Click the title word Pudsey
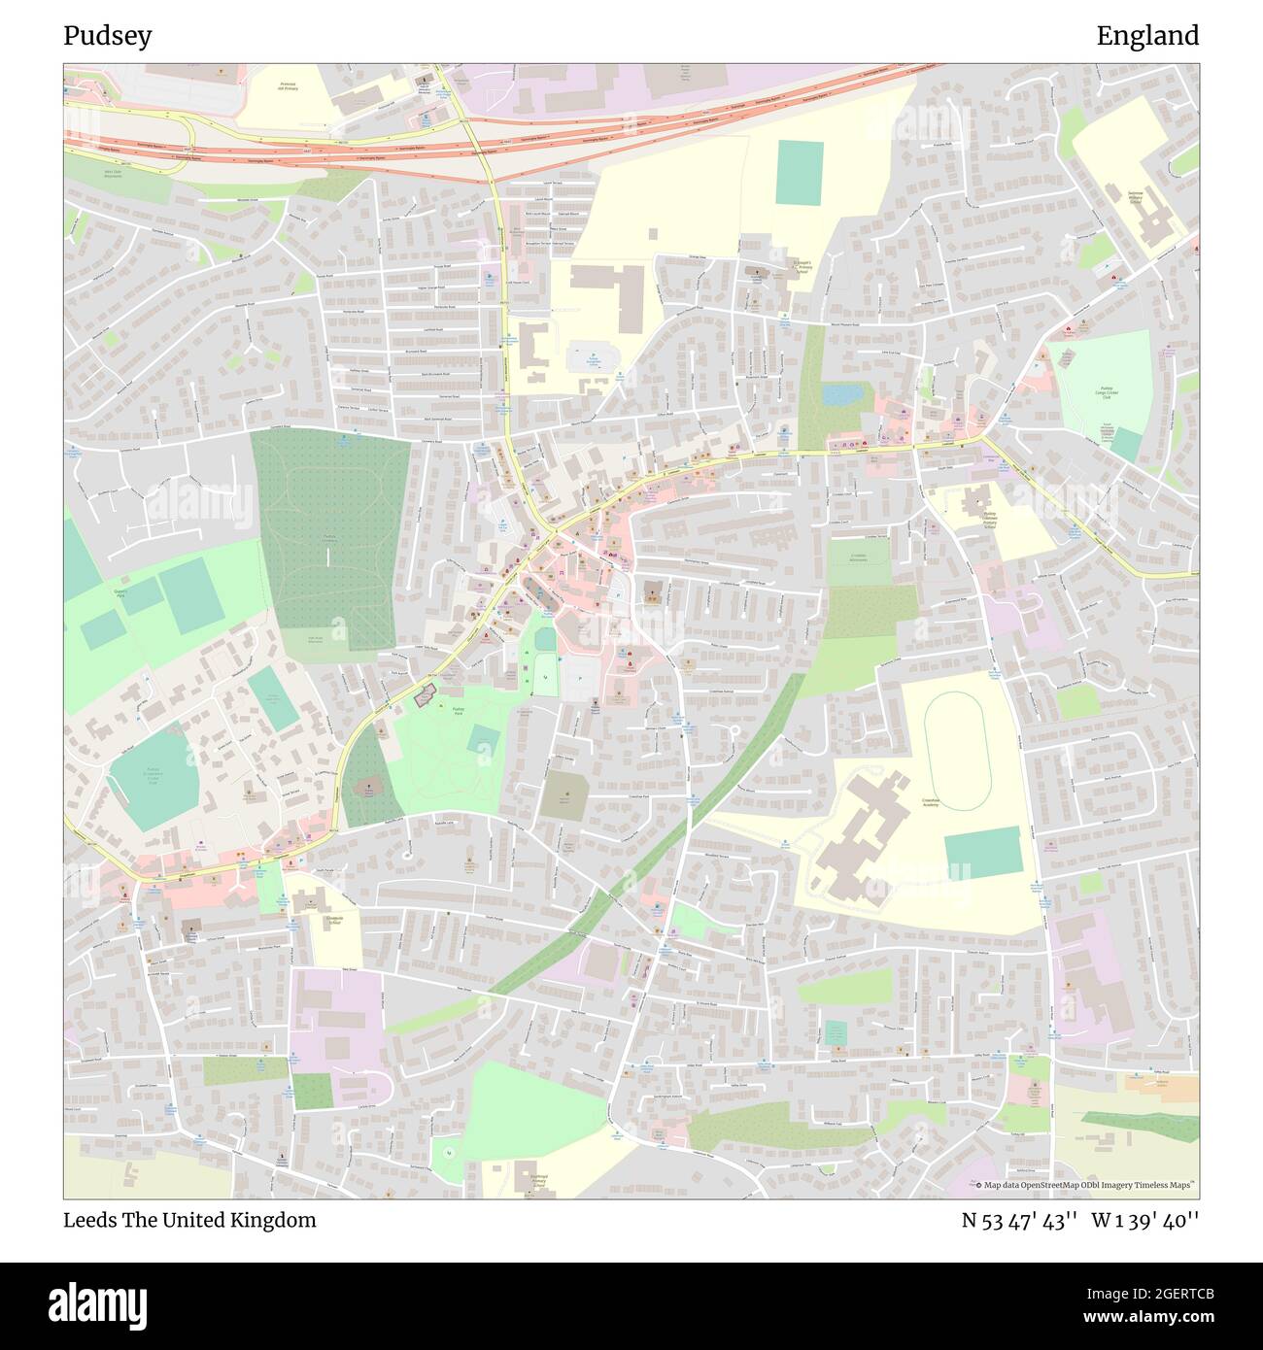click(107, 36)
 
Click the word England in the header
click(1147, 36)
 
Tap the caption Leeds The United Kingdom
click(189, 1220)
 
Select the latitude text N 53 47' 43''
click(1018, 1220)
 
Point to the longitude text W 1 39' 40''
click(1145, 1220)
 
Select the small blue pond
click(836, 394)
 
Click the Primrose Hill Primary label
click(288, 87)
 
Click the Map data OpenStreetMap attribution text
click(1086, 1185)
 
